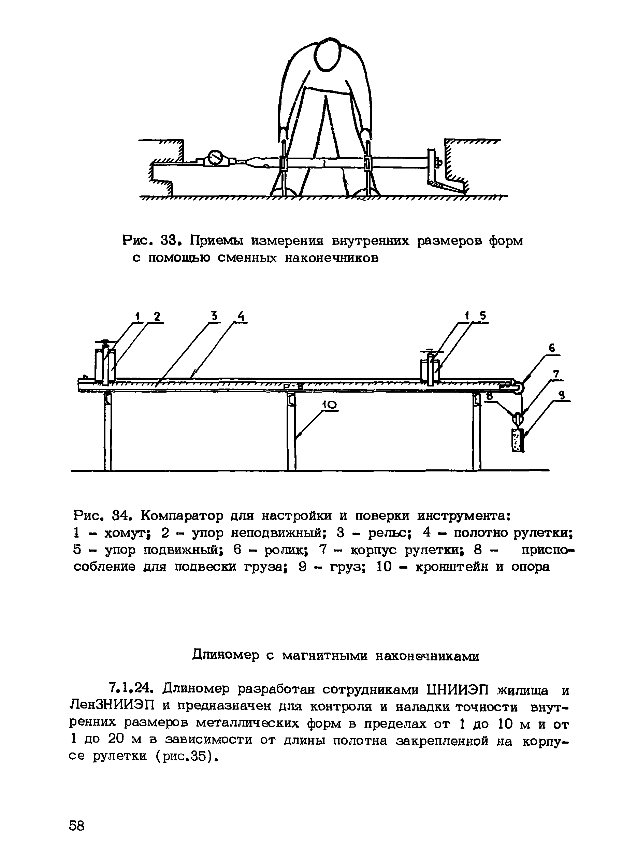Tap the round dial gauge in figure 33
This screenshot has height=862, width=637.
coord(215,158)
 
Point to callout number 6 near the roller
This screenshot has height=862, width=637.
coord(552,349)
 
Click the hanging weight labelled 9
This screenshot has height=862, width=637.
coord(518,439)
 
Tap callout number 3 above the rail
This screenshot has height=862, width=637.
coord(214,317)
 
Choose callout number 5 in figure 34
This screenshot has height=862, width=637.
coord(482,316)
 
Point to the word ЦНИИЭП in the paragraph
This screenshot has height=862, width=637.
coord(457,688)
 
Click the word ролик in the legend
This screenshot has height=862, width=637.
coord(285,550)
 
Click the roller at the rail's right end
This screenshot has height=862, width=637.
coord(517,385)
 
